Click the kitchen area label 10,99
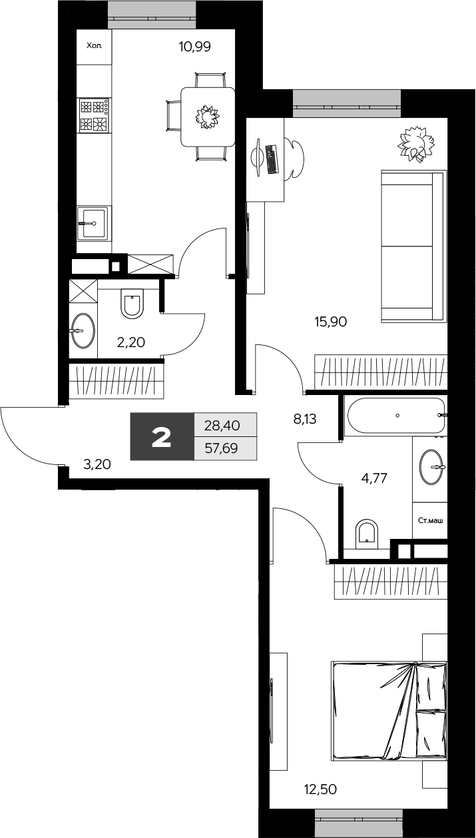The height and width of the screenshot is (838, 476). point(194,47)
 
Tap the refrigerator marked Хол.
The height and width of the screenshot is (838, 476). point(95,47)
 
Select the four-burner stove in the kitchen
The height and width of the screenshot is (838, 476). point(95,115)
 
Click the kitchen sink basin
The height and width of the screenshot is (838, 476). point(93,223)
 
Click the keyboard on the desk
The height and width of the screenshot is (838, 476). point(272,159)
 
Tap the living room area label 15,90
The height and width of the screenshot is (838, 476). point(331,321)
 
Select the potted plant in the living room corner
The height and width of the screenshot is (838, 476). point(416,145)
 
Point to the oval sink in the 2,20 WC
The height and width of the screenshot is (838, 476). point(83,331)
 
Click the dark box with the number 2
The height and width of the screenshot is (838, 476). point(162,436)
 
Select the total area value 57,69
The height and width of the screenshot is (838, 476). point(222,448)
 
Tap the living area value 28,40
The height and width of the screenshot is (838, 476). point(222,426)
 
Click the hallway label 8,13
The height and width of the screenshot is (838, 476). point(305,420)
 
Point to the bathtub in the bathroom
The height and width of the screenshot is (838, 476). point(396,415)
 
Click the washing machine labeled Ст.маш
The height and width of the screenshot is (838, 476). point(430,520)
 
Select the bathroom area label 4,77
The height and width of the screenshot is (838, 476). point(374,478)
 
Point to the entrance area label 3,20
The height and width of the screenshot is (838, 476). point(97,464)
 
